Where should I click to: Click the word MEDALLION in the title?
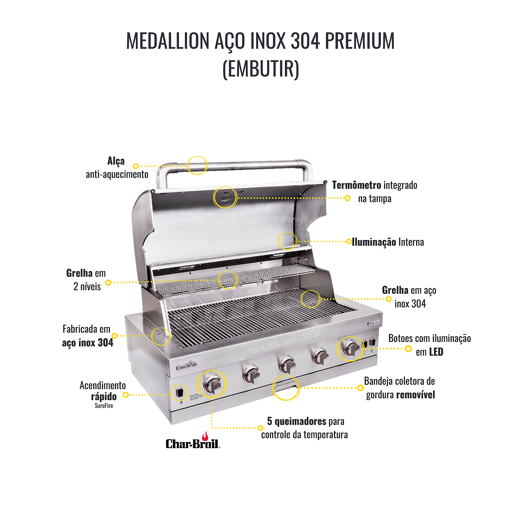point(167,41)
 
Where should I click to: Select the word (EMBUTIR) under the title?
point(261,69)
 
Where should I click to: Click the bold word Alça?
point(116,161)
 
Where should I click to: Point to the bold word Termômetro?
point(356,185)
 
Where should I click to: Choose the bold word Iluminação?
point(373,242)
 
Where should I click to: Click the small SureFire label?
point(104,405)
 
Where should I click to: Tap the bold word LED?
point(436,352)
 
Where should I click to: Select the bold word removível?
point(415,394)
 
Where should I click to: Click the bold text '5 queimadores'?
point(296,421)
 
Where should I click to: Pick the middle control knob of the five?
point(287,365)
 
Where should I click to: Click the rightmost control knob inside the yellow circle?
point(351,349)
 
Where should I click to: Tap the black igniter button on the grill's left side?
point(180,393)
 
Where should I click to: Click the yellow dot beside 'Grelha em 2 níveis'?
point(108,282)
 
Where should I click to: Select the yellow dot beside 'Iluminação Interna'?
point(349,241)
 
